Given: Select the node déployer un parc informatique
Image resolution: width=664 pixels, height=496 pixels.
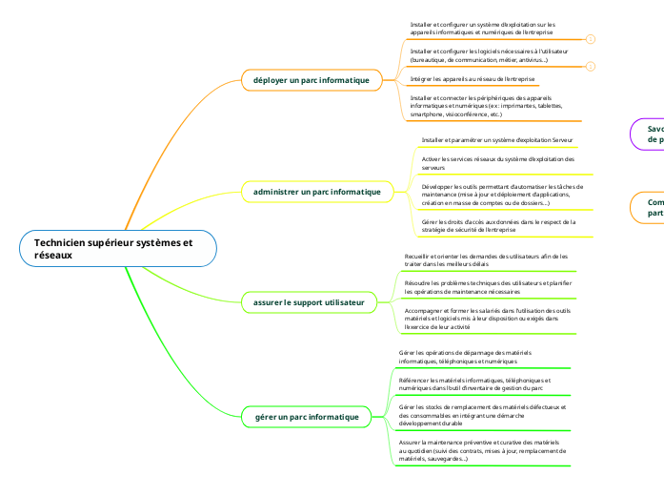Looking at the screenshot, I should coord(312,80).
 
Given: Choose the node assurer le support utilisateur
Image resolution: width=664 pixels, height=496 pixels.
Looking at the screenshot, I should coord(309,302).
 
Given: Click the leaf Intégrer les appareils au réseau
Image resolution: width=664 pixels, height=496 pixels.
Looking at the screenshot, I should coord(473,78).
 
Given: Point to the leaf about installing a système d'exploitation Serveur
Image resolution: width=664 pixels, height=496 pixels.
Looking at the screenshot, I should coord(497,139).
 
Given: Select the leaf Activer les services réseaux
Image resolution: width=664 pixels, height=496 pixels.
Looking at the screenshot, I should coord(497,162).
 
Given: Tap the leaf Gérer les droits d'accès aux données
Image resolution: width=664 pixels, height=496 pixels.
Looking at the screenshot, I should coord(497,225).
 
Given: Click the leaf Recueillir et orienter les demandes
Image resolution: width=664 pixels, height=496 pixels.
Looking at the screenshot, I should coord(486,259).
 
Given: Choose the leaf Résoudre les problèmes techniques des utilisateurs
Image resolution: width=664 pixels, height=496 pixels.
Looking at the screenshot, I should coord(486,287).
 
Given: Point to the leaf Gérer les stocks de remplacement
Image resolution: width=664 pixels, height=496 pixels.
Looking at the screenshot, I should coord(481,415).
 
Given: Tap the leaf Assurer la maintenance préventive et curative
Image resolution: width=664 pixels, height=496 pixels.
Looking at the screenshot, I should coord(481,451).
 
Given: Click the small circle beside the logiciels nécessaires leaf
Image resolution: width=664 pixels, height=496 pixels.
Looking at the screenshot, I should coord(590,66).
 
